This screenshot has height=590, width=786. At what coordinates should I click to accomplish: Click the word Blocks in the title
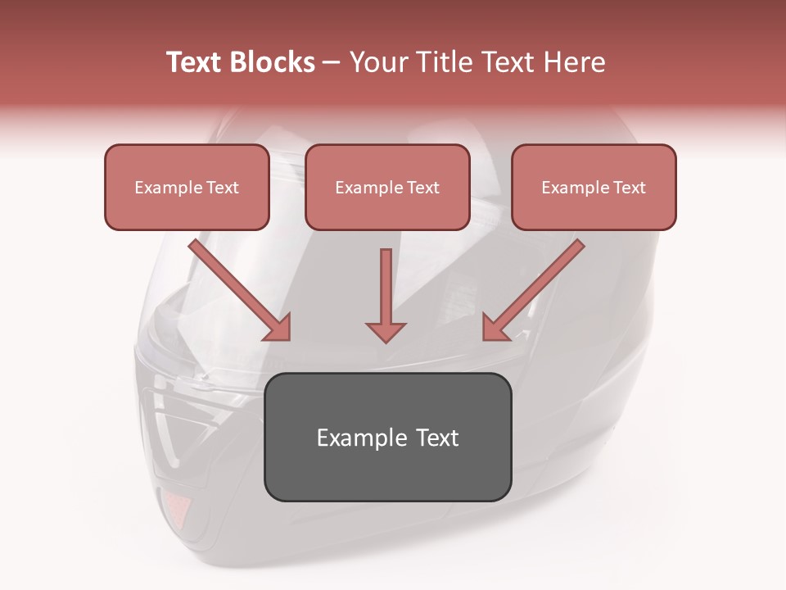tap(275, 62)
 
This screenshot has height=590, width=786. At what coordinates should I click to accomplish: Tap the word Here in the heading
tap(574, 62)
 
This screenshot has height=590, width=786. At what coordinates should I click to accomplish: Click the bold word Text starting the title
tap(196, 62)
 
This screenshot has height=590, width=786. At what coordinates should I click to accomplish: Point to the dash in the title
tap(332, 63)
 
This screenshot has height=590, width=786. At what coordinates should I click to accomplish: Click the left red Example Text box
tap(187, 187)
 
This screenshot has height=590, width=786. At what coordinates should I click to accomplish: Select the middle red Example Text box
tap(387, 187)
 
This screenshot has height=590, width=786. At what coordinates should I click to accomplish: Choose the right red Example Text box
tap(594, 187)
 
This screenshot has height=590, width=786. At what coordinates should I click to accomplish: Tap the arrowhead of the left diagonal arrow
tap(278, 327)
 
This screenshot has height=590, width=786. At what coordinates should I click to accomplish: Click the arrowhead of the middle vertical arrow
tap(386, 331)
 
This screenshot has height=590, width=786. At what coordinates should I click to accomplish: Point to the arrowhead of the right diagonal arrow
tap(495, 327)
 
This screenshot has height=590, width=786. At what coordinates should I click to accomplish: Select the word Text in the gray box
tap(437, 438)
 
